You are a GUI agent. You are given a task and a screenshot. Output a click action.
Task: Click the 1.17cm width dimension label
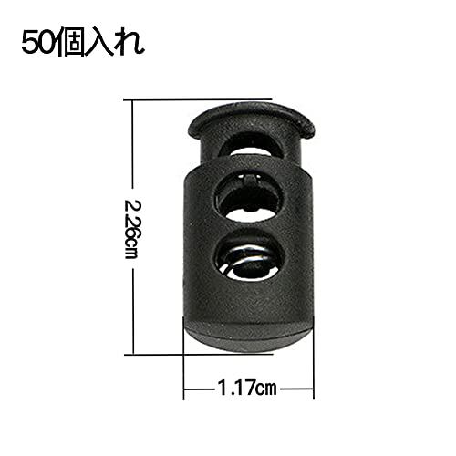[x=247, y=389]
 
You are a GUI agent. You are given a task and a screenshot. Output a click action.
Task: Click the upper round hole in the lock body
[x=250, y=197]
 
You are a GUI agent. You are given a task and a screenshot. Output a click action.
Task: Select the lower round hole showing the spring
[x=250, y=255]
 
